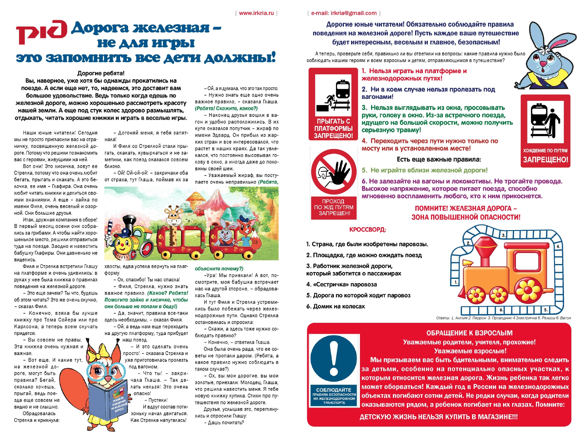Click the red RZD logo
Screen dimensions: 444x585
pyautogui.click(x=42, y=32)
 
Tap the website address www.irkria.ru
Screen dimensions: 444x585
pyautogui.click(x=256, y=13)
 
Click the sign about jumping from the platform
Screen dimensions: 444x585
pyautogui.click(x=333, y=104)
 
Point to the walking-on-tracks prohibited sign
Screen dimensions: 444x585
pyautogui.click(x=545, y=131)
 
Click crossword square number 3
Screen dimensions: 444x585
pyautogui.click(x=503, y=235)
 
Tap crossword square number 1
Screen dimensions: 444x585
pyautogui.click(x=456, y=282)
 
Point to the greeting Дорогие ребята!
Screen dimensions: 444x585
pyautogui.click(x=101, y=73)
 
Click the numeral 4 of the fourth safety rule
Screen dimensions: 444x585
pyautogui.click(x=364, y=141)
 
